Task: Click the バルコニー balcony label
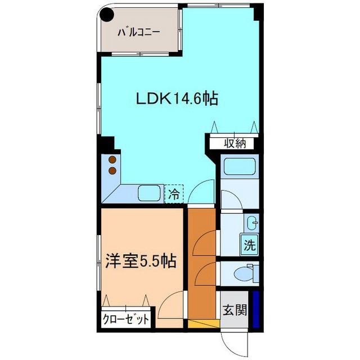pos(138,33)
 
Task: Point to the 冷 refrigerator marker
pos(174,195)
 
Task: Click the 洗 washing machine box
pos(249,245)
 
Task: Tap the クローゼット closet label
pos(127,319)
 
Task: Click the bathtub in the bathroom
pos(240,166)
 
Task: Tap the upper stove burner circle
pos(112,159)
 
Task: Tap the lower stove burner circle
pos(112,170)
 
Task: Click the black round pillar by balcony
pos(106,15)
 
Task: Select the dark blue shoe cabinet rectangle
pos(256,310)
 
